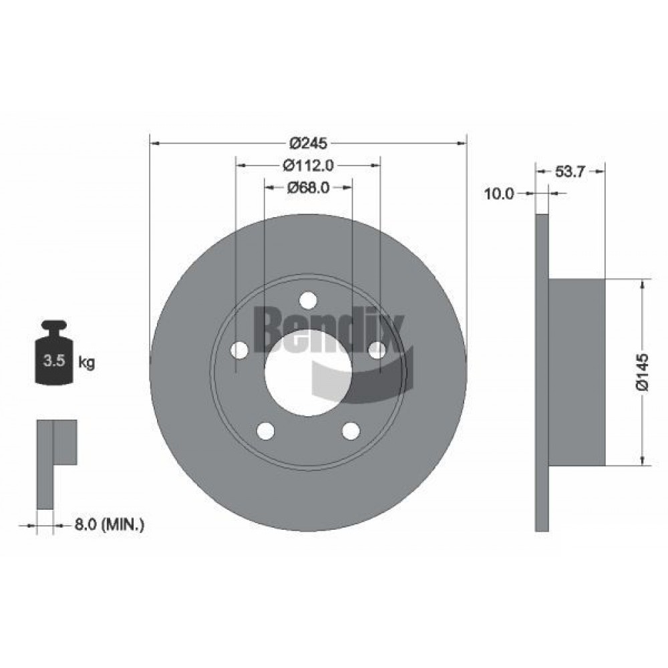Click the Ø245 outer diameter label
(x=308, y=143)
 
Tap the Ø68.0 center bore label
(x=308, y=188)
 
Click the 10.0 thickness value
(x=499, y=194)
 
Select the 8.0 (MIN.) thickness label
(x=109, y=524)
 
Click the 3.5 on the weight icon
(x=54, y=361)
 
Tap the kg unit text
(x=86, y=363)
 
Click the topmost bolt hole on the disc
(x=308, y=300)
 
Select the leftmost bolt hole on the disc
(x=239, y=350)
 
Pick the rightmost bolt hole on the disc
(x=377, y=350)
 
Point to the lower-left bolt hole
(x=266, y=431)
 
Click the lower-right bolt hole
(x=351, y=431)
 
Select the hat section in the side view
(x=576, y=372)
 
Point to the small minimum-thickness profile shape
(x=56, y=464)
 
